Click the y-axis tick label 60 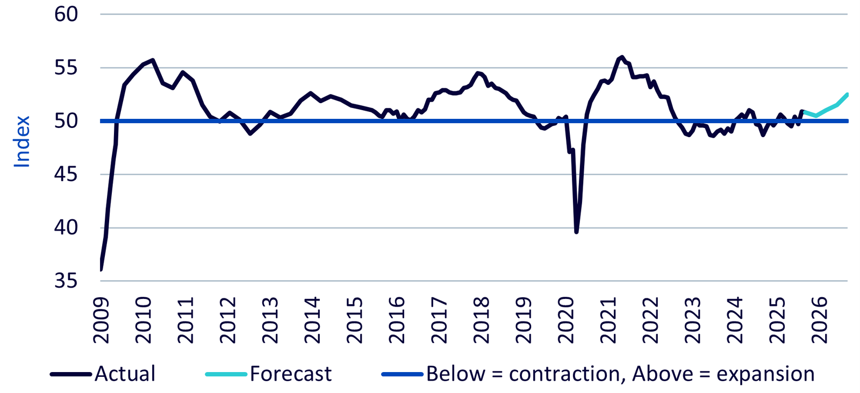coord(66,15)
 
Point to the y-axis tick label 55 coord(66,68)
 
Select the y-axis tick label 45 coord(66,175)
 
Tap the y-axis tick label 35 coord(66,281)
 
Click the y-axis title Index coord(22,141)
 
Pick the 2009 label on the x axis coord(101,320)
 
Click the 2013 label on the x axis coord(270,320)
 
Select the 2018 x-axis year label coord(482,320)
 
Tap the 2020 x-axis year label coord(567,320)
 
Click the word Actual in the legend coord(125,374)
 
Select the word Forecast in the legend coord(291,374)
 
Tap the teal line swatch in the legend coord(226,374)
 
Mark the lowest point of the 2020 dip coord(576,232)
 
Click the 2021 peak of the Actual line coord(622,56)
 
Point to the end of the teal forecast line coord(847,94)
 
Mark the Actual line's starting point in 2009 coord(101,269)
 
